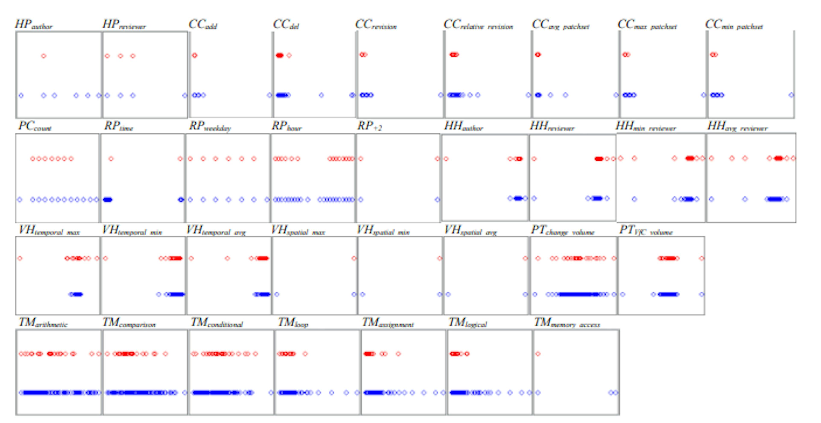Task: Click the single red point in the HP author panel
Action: (44, 56)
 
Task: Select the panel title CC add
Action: (203, 25)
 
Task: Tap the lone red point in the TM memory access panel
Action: (538, 353)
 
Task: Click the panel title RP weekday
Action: (210, 126)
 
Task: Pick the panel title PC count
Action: (35, 126)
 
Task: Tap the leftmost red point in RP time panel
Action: (111, 159)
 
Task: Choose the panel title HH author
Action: (464, 126)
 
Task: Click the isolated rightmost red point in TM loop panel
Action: (305, 353)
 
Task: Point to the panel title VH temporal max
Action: (49, 230)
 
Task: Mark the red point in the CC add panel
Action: (194, 55)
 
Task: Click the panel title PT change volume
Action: (563, 230)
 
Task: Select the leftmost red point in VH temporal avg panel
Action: (191, 258)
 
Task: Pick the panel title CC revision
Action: (376, 25)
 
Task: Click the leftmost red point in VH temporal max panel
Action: (20, 258)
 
